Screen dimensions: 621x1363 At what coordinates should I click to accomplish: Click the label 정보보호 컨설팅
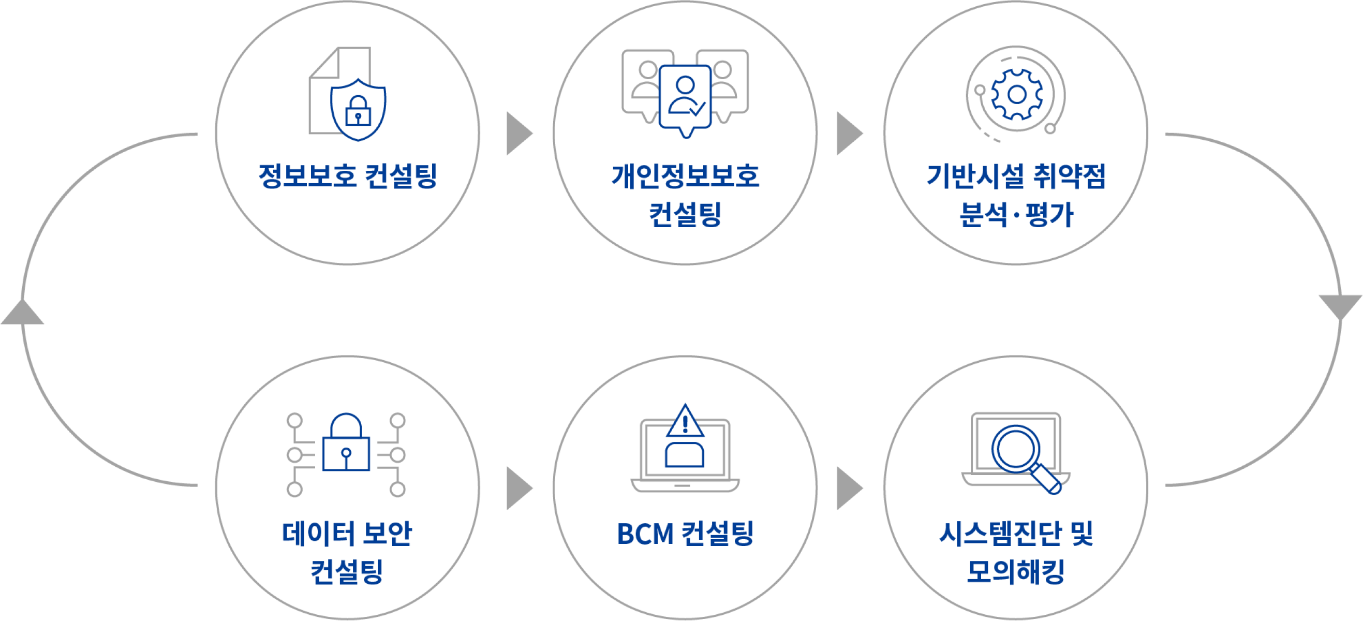pos(348,176)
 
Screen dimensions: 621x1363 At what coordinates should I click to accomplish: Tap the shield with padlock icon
pos(358,110)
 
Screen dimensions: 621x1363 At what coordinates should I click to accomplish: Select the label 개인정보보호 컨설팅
pos(685,195)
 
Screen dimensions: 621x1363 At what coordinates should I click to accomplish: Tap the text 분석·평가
pos(1016,214)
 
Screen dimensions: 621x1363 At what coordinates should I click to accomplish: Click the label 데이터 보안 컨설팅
pos(347,552)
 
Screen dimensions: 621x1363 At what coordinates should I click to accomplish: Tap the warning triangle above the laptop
pos(685,422)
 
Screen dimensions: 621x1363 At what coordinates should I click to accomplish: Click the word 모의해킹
pos(1016,572)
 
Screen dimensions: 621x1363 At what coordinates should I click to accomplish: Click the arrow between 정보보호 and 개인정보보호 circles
pos(518,134)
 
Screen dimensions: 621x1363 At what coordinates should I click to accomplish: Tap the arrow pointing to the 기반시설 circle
pos(848,134)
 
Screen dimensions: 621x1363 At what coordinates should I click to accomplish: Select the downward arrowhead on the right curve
pos(1340,306)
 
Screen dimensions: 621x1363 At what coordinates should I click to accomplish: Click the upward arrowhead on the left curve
pos(23,312)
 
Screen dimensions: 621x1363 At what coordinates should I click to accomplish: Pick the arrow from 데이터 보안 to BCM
pos(518,487)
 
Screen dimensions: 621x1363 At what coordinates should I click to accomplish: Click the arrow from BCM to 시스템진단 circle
pos(848,487)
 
